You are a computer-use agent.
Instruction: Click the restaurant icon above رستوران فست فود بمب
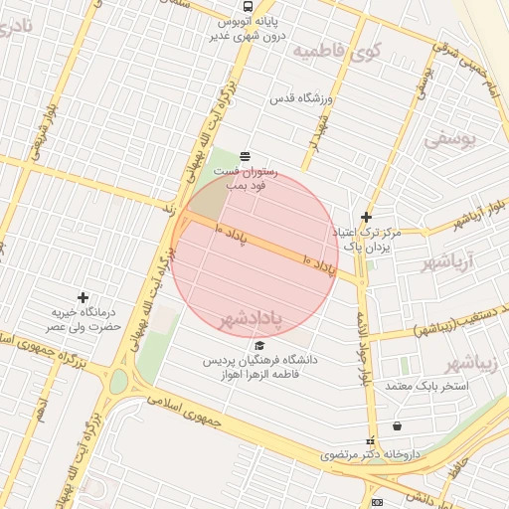click(x=245, y=155)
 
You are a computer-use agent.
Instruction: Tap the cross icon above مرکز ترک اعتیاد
click(x=366, y=217)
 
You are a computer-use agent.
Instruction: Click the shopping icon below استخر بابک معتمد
click(x=398, y=425)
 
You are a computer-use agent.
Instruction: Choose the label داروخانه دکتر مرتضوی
click(x=370, y=454)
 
